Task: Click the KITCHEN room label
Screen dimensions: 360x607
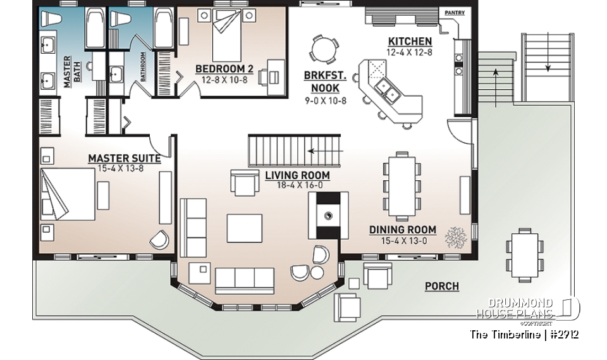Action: tap(410, 42)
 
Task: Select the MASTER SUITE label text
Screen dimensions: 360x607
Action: tap(124, 158)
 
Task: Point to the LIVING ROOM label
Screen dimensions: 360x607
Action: tap(297, 175)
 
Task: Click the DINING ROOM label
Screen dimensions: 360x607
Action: tap(403, 230)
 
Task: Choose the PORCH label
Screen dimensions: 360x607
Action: tap(441, 286)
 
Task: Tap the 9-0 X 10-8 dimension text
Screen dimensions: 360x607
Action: tap(324, 101)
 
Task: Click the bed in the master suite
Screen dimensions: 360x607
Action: tap(68, 194)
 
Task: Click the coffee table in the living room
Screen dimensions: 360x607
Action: tap(244, 228)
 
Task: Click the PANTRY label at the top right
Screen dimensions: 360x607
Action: tap(455, 13)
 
